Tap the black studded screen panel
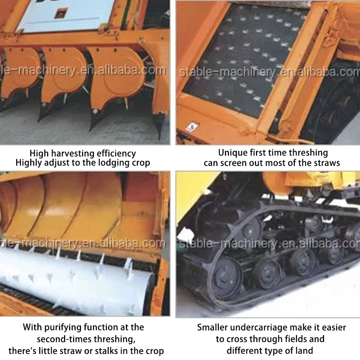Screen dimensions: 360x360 click(245, 58)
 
